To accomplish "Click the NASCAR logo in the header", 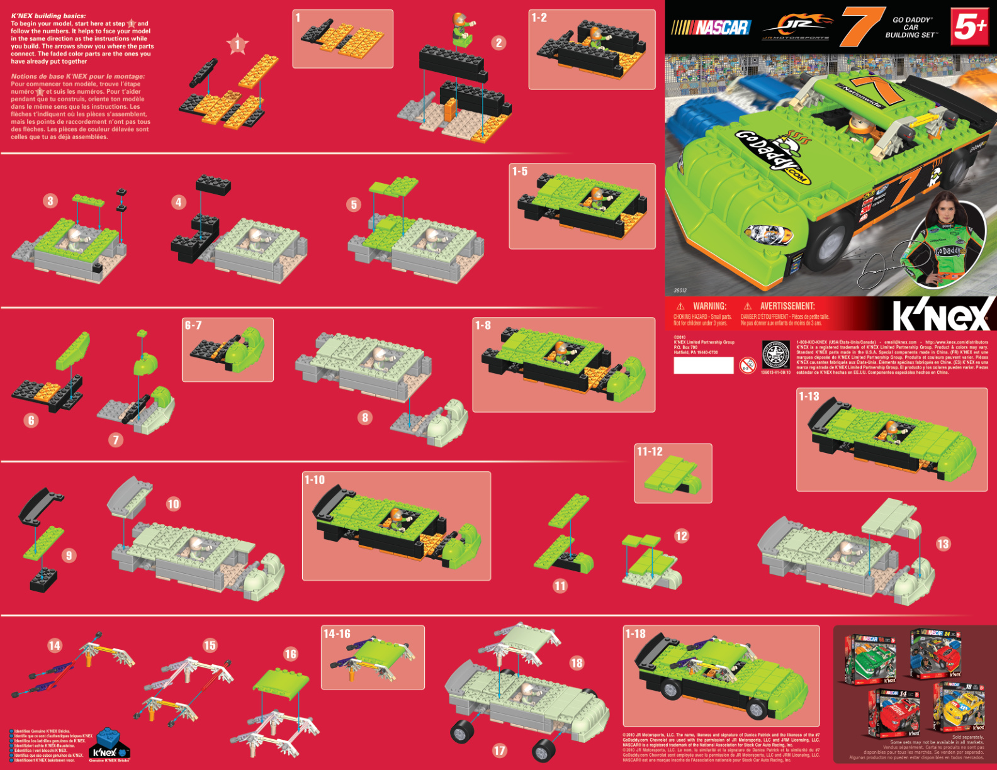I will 711,27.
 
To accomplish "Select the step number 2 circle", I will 498,43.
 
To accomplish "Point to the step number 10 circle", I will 173,504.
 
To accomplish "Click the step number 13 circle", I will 943,544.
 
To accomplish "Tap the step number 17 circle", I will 500,750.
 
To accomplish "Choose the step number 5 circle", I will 354,204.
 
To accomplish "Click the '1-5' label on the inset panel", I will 520,171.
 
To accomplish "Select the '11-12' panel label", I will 650,451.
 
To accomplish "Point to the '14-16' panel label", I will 337,633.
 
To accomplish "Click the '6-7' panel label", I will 193,325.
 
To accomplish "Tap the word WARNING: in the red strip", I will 709,306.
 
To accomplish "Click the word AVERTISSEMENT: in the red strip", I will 787,306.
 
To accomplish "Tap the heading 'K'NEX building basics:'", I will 48,16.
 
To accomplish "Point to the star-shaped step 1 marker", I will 237,45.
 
